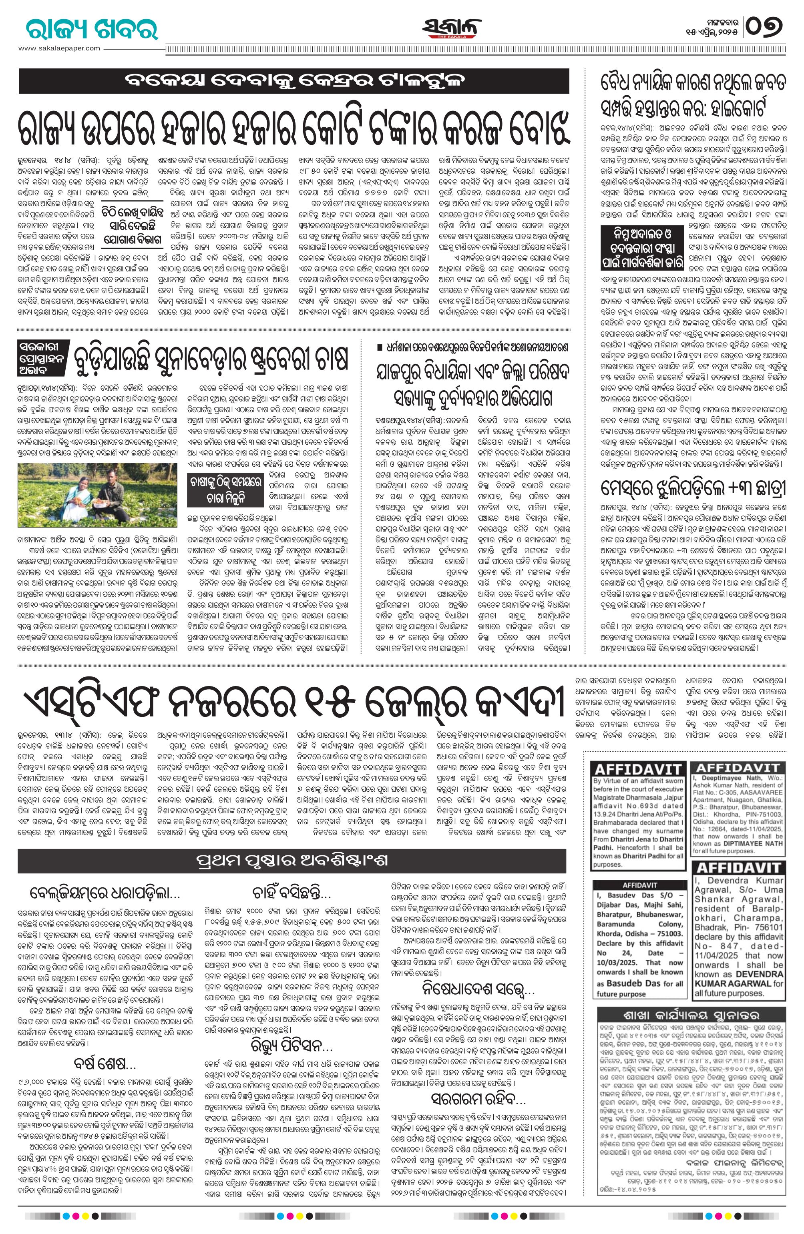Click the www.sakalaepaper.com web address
point(59,48)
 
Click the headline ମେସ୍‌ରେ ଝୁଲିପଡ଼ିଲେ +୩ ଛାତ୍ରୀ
point(693,490)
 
